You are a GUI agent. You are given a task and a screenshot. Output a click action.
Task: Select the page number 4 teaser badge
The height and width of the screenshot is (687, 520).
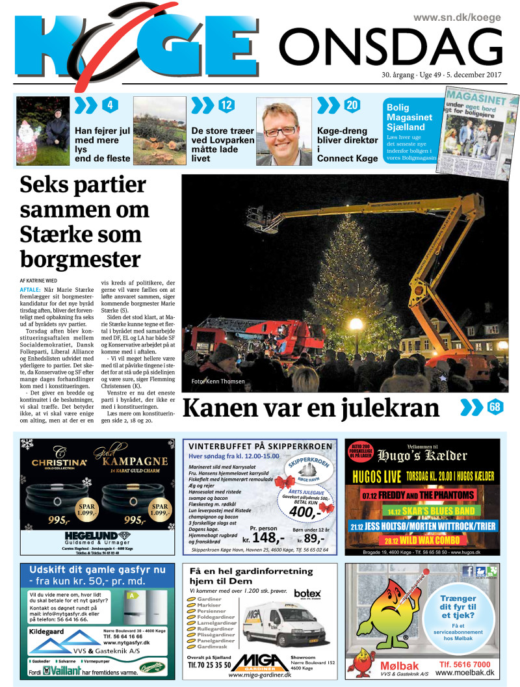pos(110,105)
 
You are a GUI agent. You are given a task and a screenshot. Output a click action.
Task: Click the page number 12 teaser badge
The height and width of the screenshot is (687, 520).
pos(226,105)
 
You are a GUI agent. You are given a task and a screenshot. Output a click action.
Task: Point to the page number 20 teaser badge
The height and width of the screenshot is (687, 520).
pos(352,105)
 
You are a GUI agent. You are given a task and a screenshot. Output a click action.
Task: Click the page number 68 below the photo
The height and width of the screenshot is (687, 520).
pos(495,408)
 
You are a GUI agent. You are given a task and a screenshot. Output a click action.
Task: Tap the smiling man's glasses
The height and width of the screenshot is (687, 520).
pos(280,131)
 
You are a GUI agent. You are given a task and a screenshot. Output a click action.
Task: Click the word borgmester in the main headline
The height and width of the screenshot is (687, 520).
pos(80,258)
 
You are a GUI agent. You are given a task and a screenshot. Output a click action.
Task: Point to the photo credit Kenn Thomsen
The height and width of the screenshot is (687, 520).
pos(218,382)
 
